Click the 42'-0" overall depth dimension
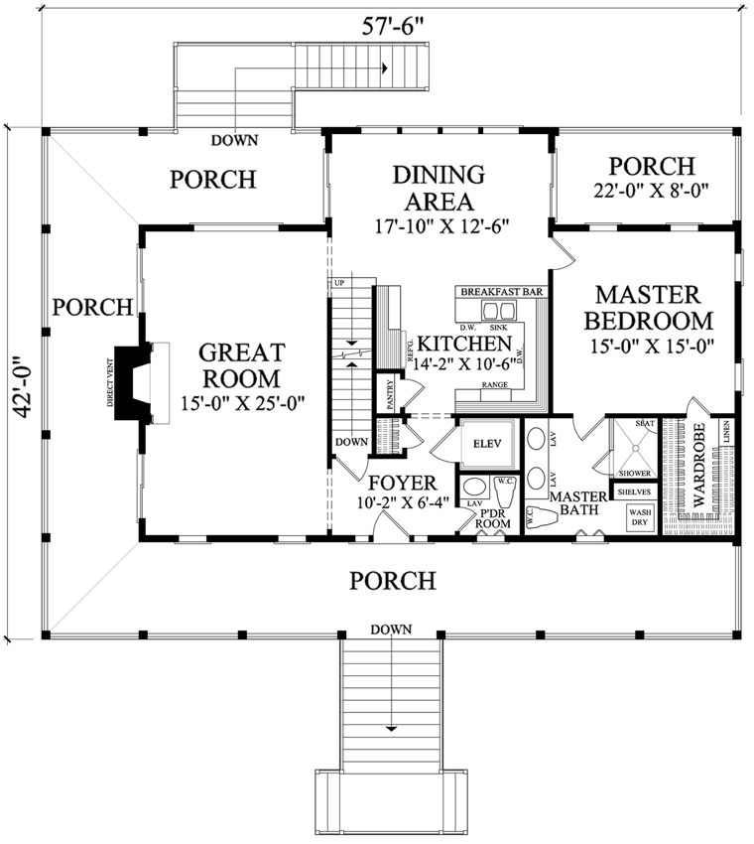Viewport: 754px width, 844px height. [x=23, y=385]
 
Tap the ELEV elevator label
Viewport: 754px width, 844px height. [x=487, y=444]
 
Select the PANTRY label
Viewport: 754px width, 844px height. [x=390, y=393]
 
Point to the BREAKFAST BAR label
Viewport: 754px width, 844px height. [x=502, y=292]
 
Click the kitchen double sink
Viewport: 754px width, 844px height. [x=499, y=311]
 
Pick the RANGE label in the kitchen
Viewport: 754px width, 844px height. [x=495, y=384]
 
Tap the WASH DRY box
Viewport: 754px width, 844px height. [x=640, y=517]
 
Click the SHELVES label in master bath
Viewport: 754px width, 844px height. [x=635, y=492]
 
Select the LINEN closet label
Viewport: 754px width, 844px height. [x=726, y=432]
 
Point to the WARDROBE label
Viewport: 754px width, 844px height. [x=698, y=466]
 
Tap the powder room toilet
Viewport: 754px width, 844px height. [x=506, y=489]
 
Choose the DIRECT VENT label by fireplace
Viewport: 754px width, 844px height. [x=110, y=382]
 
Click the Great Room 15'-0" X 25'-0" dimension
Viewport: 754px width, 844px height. [x=242, y=402]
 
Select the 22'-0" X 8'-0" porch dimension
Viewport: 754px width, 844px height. [x=651, y=191]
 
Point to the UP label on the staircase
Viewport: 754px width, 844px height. [x=339, y=283]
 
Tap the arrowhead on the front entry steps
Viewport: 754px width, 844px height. [x=392, y=729]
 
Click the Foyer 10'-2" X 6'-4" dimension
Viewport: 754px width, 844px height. [x=403, y=502]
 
